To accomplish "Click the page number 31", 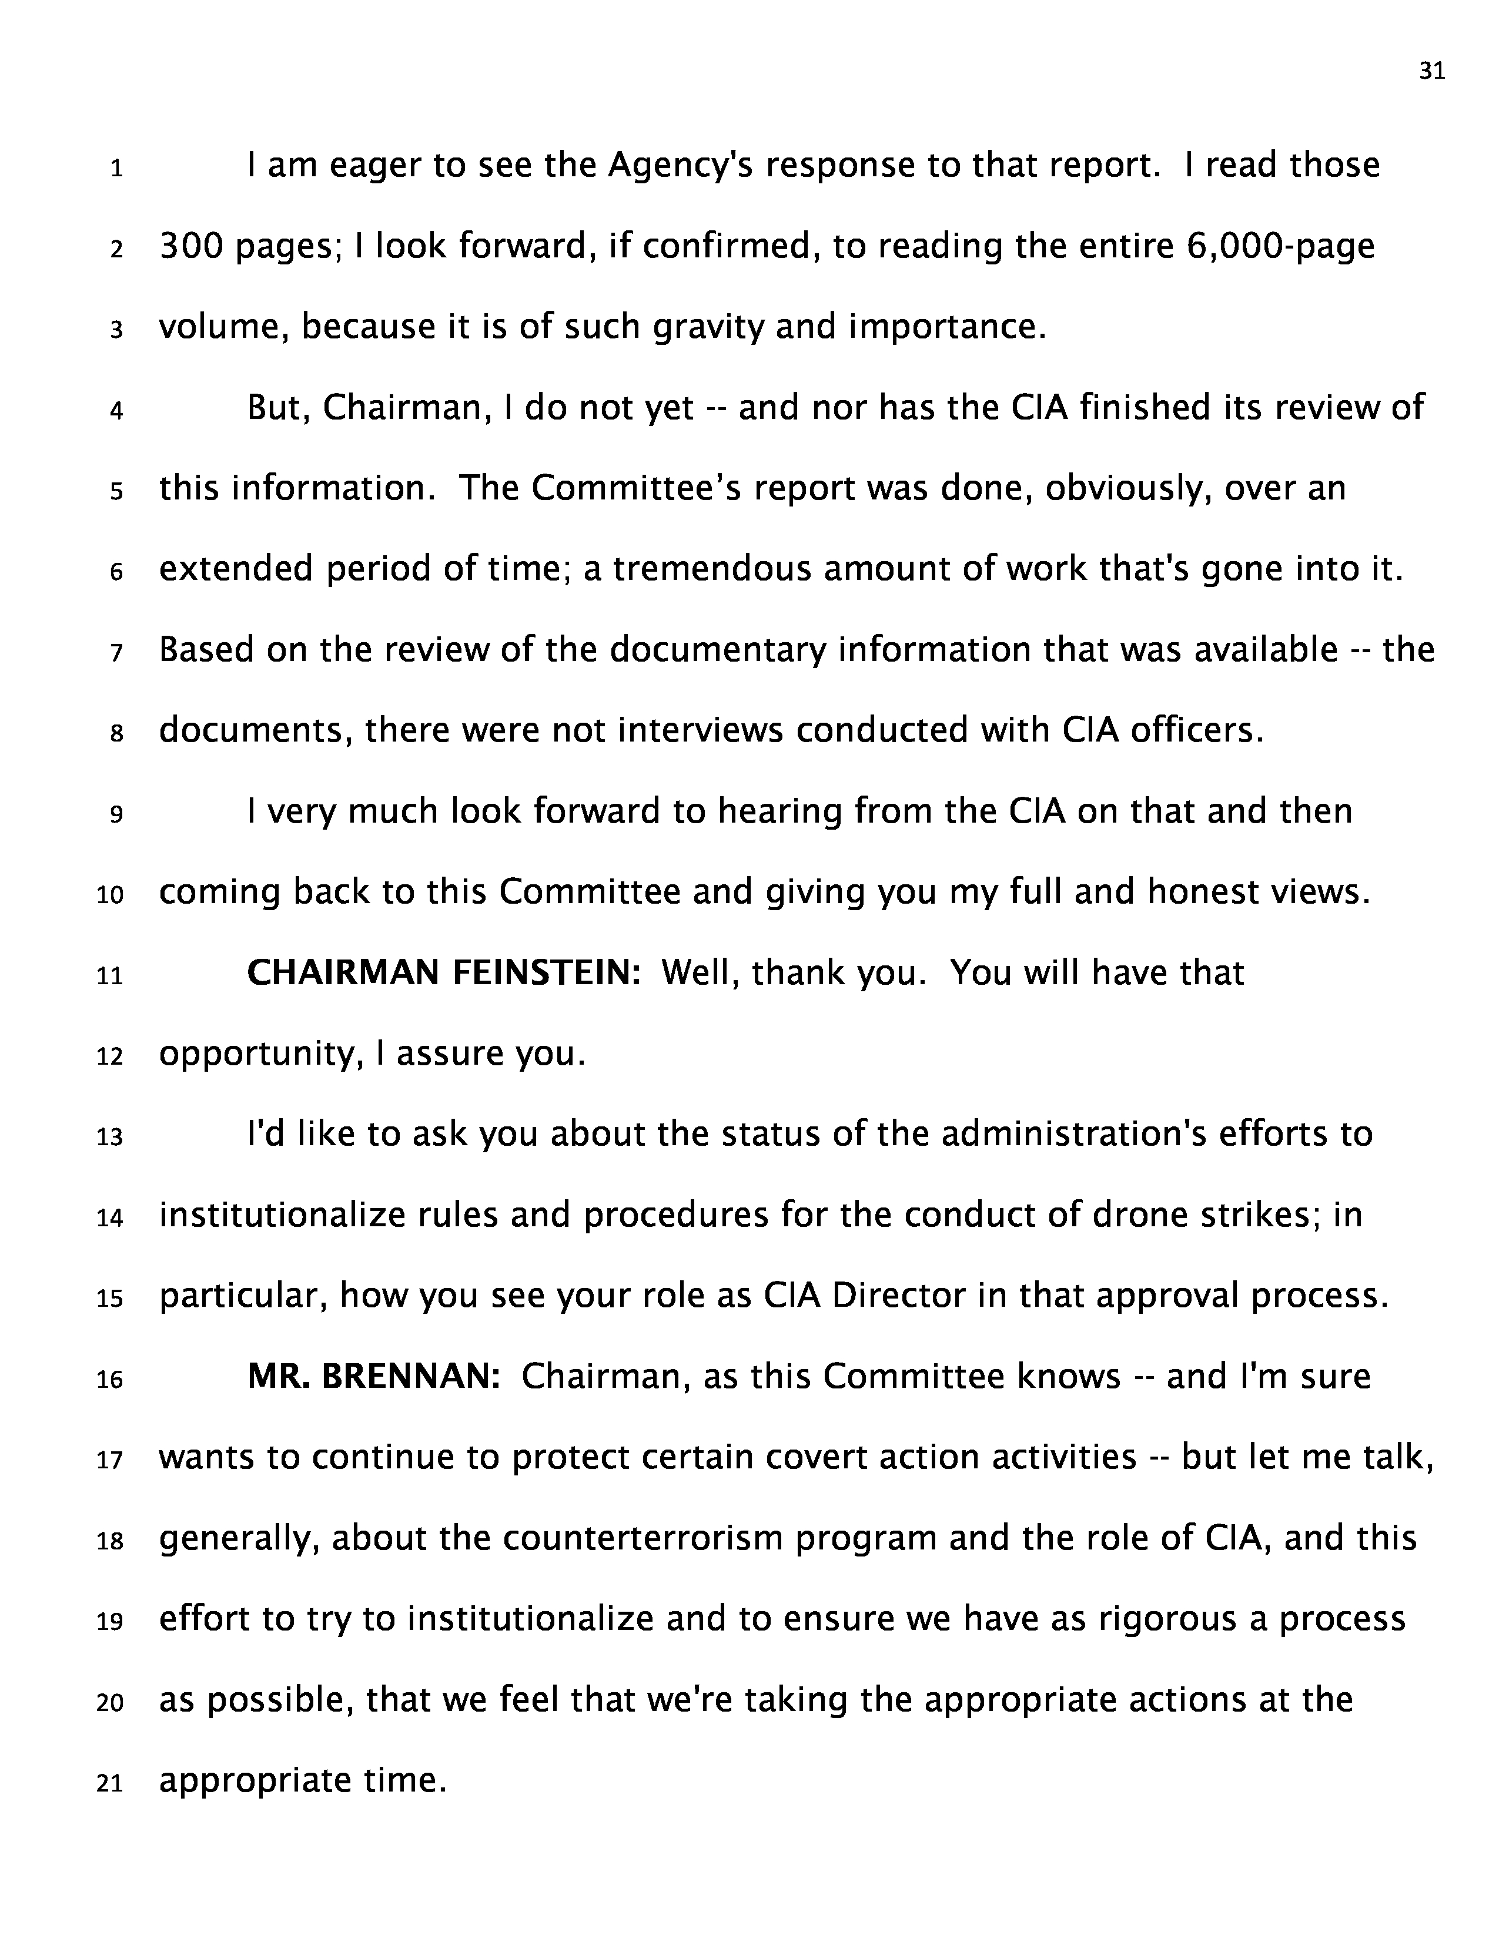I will click(1431, 72).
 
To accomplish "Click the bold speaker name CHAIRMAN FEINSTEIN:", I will click(444, 973).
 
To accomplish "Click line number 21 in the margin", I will click(109, 1783).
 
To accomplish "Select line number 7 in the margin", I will click(116, 653).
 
